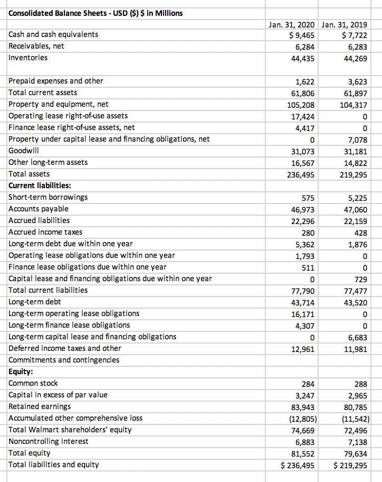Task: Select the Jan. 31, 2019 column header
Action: click(x=345, y=24)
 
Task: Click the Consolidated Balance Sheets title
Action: click(x=96, y=13)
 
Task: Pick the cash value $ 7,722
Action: click(x=354, y=35)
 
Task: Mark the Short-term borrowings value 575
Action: click(x=308, y=198)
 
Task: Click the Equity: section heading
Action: click(x=21, y=372)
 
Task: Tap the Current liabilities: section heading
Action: click(x=40, y=186)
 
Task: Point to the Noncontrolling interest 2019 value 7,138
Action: click(x=356, y=442)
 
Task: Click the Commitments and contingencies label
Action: click(x=64, y=360)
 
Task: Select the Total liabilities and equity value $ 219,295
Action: click(x=351, y=465)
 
